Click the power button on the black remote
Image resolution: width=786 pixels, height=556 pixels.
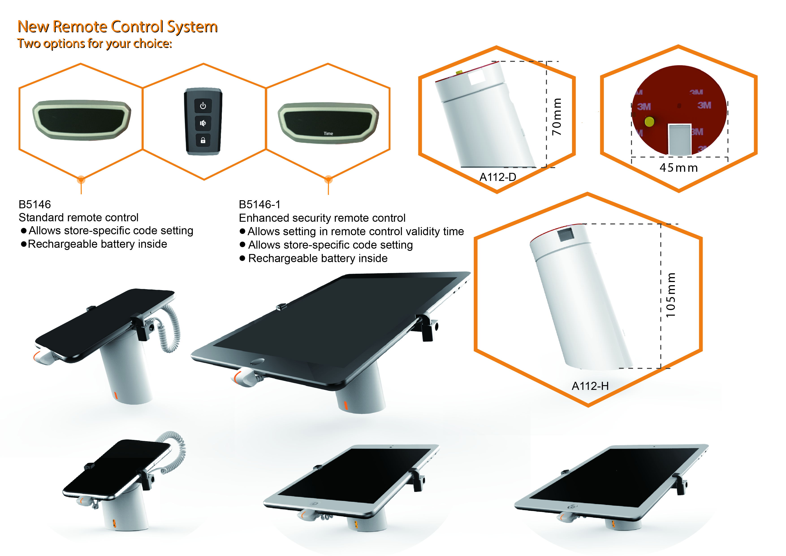pyautogui.click(x=203, y=106)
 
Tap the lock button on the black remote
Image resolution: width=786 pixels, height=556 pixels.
pyautogui.click(x=203, y=140)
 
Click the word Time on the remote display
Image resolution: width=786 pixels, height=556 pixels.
pyautogui.click(x=328, y=134)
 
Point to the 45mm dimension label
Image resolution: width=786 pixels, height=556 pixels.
pyautogui.click(x=678, y=168)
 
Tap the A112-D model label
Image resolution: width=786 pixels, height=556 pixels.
pyautogui.click(x=497, y=177)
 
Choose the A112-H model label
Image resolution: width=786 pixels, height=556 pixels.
pyautogui.click(x=590, y=386)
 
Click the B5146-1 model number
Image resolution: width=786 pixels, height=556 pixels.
pyautogui.click(x=259, y=204)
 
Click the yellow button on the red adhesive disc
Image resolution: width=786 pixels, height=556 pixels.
pyautogui.click(x=649, y=121)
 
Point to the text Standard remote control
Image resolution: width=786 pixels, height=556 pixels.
pyautogui.click(x=78, y=217)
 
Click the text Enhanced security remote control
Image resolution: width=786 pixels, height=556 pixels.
pyautogui.click(x=322, y=218)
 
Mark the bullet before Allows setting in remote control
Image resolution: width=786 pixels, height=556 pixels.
pyautogui.click(x=242, y=231)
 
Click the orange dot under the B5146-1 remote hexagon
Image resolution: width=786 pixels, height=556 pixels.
pyautogui.click(x=328, y=179)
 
